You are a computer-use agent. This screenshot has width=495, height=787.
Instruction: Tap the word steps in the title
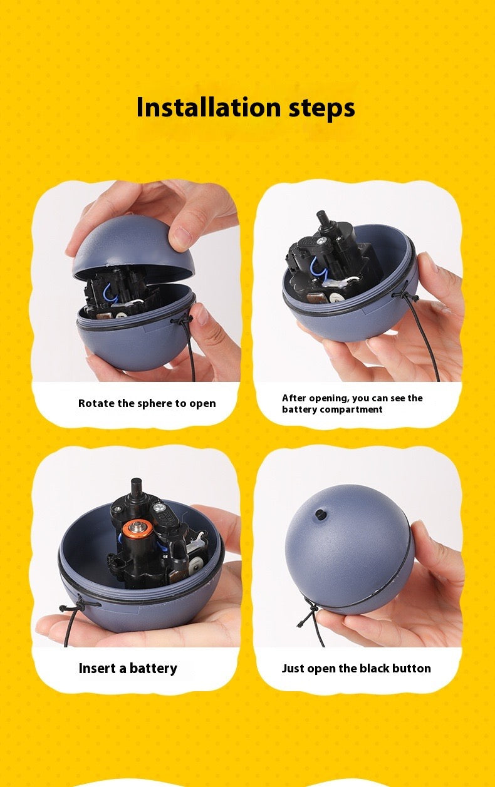coord(321,108)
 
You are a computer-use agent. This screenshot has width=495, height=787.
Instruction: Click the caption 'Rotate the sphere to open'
coord(147,403)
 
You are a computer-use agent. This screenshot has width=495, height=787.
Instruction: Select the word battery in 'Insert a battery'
coord(153,669)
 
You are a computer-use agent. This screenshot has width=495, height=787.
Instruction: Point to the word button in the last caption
coord(412,669)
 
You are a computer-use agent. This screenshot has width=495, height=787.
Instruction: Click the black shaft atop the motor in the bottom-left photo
coord(136,489)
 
